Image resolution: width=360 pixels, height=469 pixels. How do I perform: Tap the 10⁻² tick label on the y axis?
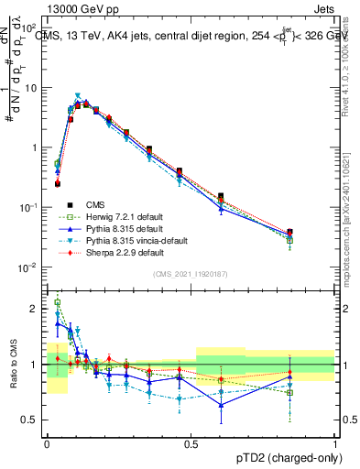click(31, 267)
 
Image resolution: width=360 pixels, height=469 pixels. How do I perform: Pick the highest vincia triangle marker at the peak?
click(78, 95)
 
